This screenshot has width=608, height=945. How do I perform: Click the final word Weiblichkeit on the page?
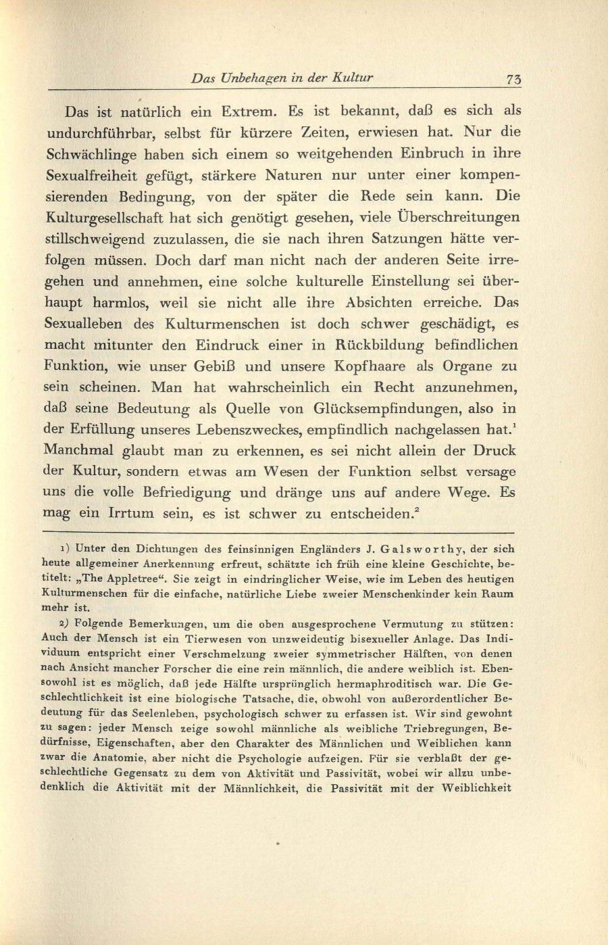pos(478,787)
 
